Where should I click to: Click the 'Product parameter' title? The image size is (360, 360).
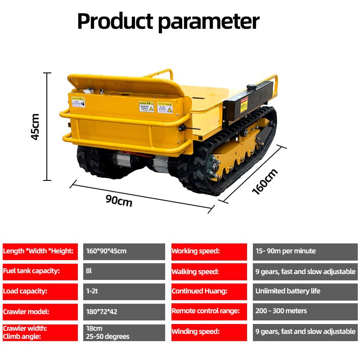pyautogui.click(x=168, y=21)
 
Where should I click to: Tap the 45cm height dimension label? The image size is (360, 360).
pyautogui.click(x=36, y=126)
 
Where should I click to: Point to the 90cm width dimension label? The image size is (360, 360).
pyautogui.click(x=119, y=200)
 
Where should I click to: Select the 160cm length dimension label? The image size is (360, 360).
pyautogui.click(x=265, y=181)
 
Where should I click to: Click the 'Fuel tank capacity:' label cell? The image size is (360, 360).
pyautogui.click(x=40, y=271)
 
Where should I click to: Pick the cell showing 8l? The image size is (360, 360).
pyautogui.click(x=124, y=271)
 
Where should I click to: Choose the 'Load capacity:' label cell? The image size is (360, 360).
pyautogui.click(x=40, y=291)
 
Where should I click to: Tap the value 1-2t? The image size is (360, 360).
pyautogui.click(x=124, y=291)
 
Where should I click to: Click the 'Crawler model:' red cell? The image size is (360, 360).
pyautogui.click(x=40, y=311)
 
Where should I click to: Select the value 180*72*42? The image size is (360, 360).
pyautogui.click(x=124, y=311)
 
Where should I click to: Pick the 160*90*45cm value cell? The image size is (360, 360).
pyautogui.click(x=124, y=251)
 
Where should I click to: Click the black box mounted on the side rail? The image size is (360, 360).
pyautogui.click(x=250, y=100)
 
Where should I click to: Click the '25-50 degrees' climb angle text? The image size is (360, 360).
pyautogui.click(x=108, y=337)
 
